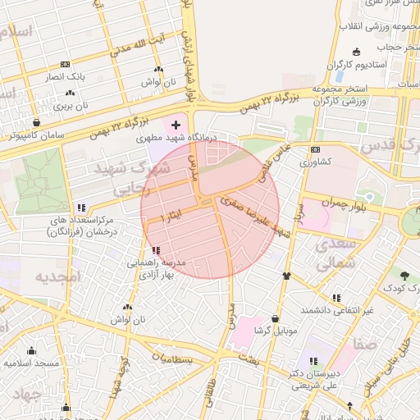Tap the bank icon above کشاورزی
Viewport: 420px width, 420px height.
coord(316,149)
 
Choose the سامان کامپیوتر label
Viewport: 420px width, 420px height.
coord(33,135)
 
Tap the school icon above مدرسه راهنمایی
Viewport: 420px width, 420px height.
coord(156,250)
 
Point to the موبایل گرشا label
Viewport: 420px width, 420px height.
coord(274,331)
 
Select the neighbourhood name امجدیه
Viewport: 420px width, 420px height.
coord(58,277)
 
